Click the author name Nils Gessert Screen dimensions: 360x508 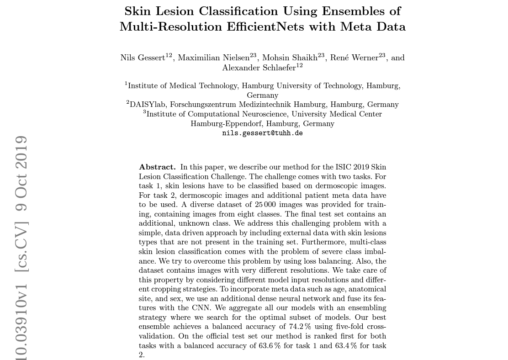pos(143,58)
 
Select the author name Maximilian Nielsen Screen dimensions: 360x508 pos(213,58)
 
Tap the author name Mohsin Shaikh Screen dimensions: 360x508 pos(290,58)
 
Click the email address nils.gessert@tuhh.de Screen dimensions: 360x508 pos(262,133)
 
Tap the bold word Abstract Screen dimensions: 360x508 pos(157,167)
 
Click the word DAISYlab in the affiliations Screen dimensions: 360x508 pos(148,105)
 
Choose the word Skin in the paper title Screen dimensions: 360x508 pos(140,11)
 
